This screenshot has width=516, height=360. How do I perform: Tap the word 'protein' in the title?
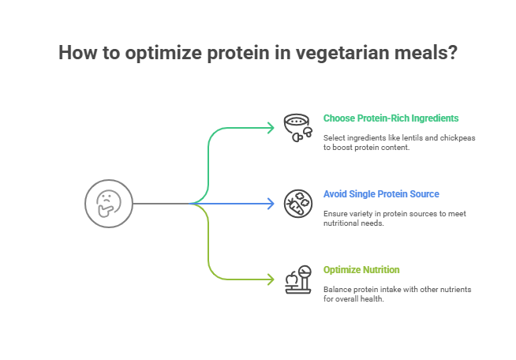(235, 54)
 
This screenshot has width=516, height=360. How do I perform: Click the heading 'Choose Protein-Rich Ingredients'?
(391, 118)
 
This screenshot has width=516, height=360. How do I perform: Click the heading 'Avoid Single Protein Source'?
(381, 194)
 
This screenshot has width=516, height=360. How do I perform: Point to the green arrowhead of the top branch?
(271, 128)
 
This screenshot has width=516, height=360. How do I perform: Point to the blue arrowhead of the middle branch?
(271, 204)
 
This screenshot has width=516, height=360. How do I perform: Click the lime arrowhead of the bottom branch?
(271, 279)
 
